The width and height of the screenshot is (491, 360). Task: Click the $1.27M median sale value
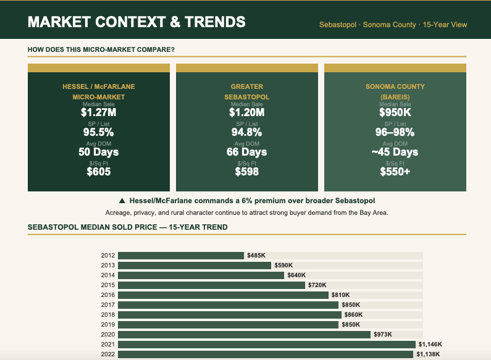pyautogui.click(x=99, y=112)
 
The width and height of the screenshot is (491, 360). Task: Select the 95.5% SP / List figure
pyautogui.click(x=99, y=132)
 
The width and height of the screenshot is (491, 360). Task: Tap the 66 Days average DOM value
pyautogui.click(x=247, y=152)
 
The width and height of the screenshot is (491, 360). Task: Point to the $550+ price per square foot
pyautogui.click(x=395, y=172)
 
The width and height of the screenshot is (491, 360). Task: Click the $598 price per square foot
pyautogui.click(x=247, y=172)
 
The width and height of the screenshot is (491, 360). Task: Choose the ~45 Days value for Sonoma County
pyautogui.click(x=395, y=152)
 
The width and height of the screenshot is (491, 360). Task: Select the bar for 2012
pyautogui.click(x=181, y=256)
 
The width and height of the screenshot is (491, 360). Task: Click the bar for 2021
pyautogui.click(x=266, y=345)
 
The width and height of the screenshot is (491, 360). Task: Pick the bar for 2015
pyautogui.click(x=211, y=285)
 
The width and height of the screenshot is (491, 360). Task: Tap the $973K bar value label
pyautogui.click(x=382, y=335)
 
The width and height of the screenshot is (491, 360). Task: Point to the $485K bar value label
pyautogui.click(x=255, y=256)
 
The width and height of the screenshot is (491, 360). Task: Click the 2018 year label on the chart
pyautogui.click(x=107, y=315)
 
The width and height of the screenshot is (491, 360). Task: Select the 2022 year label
pyautogui.click(x=107, y=354)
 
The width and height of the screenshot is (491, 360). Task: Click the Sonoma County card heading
pyautogui.click(x=395, y=91)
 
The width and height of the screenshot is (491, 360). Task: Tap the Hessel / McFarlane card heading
pyautogui.click(x=99, y=91)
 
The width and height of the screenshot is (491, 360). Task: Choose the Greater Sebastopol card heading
pyautogui.click(x=247, y=91)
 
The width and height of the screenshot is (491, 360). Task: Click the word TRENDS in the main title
pyautogui.click(x=216, y=22)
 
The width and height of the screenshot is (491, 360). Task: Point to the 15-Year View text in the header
pyautogui.click(x=445, y=25)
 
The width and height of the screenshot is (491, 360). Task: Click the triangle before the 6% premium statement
pyautogui.click(x=122, y=201)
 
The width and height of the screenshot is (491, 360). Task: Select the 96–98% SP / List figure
pyautogui.click(x=395, y=132)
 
